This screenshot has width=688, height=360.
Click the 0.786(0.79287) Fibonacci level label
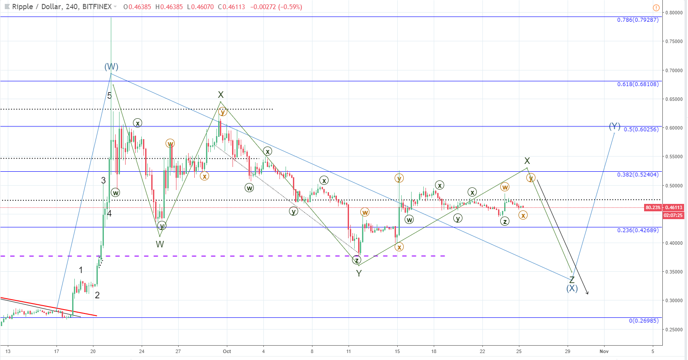point(638,20)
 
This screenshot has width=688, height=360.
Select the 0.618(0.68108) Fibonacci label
point(638,84)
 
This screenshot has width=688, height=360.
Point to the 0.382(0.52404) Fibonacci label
point(638,175)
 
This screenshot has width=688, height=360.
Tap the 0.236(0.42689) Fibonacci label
point(638,230)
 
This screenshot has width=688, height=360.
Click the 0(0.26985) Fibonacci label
point(644,321)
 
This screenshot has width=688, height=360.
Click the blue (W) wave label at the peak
point(111,67)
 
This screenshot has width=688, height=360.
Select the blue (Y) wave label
point(614,126)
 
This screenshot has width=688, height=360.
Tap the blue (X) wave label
point(572,288)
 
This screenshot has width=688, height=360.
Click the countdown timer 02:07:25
point(673,215)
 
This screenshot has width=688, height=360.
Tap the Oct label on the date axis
point(226,351)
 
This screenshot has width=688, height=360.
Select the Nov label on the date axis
point(604,351)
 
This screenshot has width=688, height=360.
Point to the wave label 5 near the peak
point(110,96)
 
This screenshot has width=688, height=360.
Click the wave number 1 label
point(81,270)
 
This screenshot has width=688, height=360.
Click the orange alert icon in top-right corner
point(656,8)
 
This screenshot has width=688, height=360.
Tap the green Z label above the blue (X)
point(572,280)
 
